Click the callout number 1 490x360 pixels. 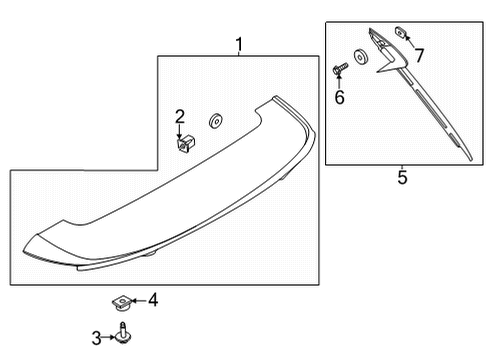[x=239, y=44]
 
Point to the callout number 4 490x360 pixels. [x=153, y=299]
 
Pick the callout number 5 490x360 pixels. [x=402, y=179]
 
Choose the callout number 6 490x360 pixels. [x=339, y=97]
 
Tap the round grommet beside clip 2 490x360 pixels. [x=214, y=122]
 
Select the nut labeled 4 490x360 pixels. [x=120, y=298]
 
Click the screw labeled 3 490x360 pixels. [x=124, y=337]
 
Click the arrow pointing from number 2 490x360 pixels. [x=180, y=130]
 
